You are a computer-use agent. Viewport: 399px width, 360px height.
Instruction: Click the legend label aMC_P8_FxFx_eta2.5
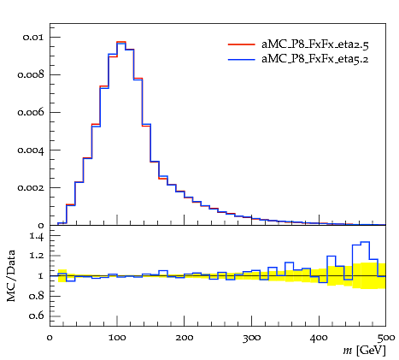pos(315,44)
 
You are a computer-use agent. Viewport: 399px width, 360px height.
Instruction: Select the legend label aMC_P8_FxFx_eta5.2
pos(315,59)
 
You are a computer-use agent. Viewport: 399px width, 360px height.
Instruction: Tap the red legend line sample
pos(242,44)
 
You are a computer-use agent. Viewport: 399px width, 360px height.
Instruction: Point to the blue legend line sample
pos(242,59)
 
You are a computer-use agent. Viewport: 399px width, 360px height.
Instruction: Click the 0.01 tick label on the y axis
pos(33,38)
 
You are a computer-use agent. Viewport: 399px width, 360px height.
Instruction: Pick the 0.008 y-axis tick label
pos(31,74)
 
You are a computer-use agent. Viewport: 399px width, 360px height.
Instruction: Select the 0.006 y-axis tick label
pos(31,112)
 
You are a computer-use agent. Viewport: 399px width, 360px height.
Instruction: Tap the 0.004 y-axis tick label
pos(31,150)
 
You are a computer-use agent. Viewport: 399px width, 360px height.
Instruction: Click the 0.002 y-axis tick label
pos(31,187)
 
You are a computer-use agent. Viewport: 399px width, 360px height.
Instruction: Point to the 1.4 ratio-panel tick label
pos(37,236)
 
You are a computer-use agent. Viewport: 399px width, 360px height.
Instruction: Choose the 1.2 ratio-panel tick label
pos(37,255)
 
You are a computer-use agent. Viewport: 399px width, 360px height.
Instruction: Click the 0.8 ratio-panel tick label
pos(37,296)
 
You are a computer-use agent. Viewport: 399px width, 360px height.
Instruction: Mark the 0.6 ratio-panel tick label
pos(37,316)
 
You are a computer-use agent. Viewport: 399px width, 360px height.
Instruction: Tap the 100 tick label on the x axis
pos(117,338)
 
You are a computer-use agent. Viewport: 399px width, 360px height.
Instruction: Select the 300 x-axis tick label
pos(251,338)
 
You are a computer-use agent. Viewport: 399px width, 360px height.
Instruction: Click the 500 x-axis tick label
pos(386,338)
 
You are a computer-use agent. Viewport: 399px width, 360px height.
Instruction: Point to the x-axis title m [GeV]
pos(364,351)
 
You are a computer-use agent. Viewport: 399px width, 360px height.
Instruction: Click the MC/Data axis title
pos(11,275)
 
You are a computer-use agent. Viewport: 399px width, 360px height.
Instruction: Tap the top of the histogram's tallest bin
pos(121,42)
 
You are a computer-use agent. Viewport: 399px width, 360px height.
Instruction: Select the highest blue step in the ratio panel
pos(365,242)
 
